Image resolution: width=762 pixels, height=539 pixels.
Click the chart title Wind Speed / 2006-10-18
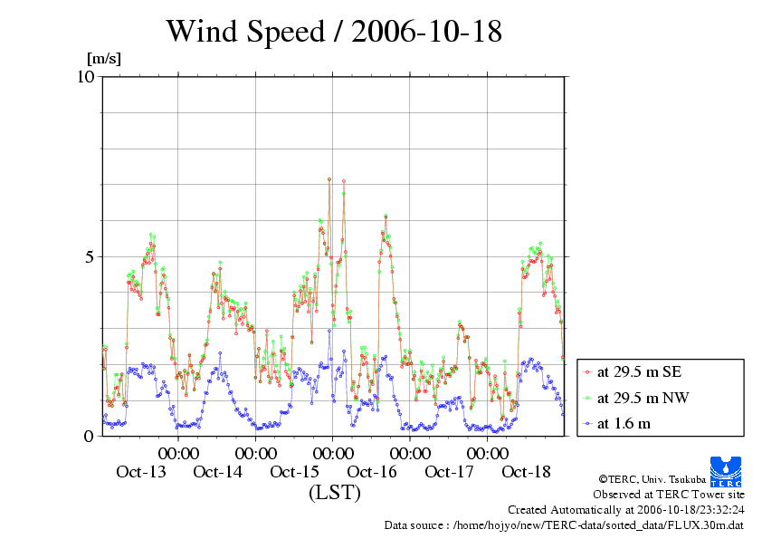pyautogui.click(x=333, y=33)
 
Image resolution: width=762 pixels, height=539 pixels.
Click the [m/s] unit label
pyautogui.click(x=103, y=59)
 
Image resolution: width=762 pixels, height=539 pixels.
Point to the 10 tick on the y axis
pyautogui.click(x=86, y=76)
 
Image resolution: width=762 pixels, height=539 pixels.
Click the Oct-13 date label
pyautogui.click(x=141, y=472)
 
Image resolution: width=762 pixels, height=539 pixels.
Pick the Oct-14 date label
pyautogui.click(x=218, y=472)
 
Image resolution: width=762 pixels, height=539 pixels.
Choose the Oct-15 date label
pyautogui.click(x=295, y=472)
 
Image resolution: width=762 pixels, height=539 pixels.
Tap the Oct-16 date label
pyautogui.click(x=372, y=472)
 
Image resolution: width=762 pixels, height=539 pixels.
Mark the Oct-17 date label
pyautogui.click(x=449, y=472)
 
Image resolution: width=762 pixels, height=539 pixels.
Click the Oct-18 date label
pyautogui.click(x=526, y=472)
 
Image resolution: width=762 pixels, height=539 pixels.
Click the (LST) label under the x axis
pyautogui.click(x=334, y=493)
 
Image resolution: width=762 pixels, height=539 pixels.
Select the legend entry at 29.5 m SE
pyautogui.click(x=640, y=371)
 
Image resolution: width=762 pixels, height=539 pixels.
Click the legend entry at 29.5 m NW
pyautogui.click(x=642, y=398)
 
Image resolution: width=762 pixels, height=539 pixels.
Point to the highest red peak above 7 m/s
pyautogui.click(x=329, y=179)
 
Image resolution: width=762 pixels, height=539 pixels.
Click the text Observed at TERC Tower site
pyautogui.click(x=669, y=495)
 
